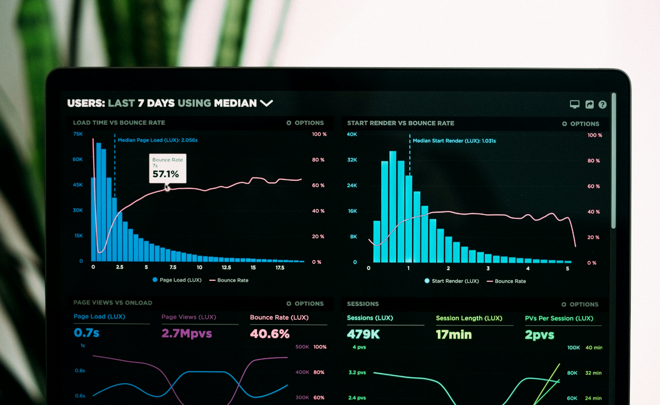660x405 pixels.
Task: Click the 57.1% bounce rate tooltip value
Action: [166, 174]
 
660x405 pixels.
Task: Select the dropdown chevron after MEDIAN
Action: [266, 103]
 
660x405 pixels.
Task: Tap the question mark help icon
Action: [602, 105]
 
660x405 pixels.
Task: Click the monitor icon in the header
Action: [575, 104]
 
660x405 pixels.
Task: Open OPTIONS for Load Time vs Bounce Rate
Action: [305, 123]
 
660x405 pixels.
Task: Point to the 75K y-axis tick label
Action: [78, 134]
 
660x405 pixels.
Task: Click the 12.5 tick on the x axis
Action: [226, 267]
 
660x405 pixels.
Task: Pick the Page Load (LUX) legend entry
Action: [177, 280]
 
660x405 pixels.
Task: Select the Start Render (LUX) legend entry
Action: [451, 281]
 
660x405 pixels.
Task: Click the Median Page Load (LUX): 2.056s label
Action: [157, 140]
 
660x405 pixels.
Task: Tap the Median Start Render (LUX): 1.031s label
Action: [454, 141]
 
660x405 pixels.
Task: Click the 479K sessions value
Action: [363, 334]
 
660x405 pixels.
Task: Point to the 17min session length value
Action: [454, 335]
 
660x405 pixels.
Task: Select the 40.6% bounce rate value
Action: [269, 334]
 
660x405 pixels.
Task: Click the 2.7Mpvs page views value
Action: [186, 333]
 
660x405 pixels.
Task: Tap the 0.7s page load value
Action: [87, 333]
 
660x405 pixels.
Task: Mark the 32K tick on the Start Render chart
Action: [352, 160]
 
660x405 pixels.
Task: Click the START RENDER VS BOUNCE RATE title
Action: [400, 123]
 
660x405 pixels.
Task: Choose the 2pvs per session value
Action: [539, 335]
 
